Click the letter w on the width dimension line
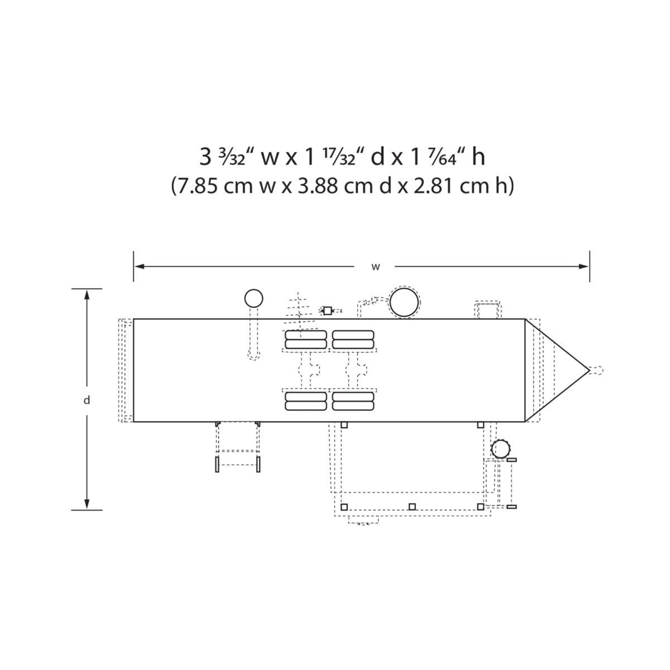[376, 267]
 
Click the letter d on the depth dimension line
[86, 400]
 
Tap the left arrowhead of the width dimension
[140, 266]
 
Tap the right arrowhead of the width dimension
[584, 266]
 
